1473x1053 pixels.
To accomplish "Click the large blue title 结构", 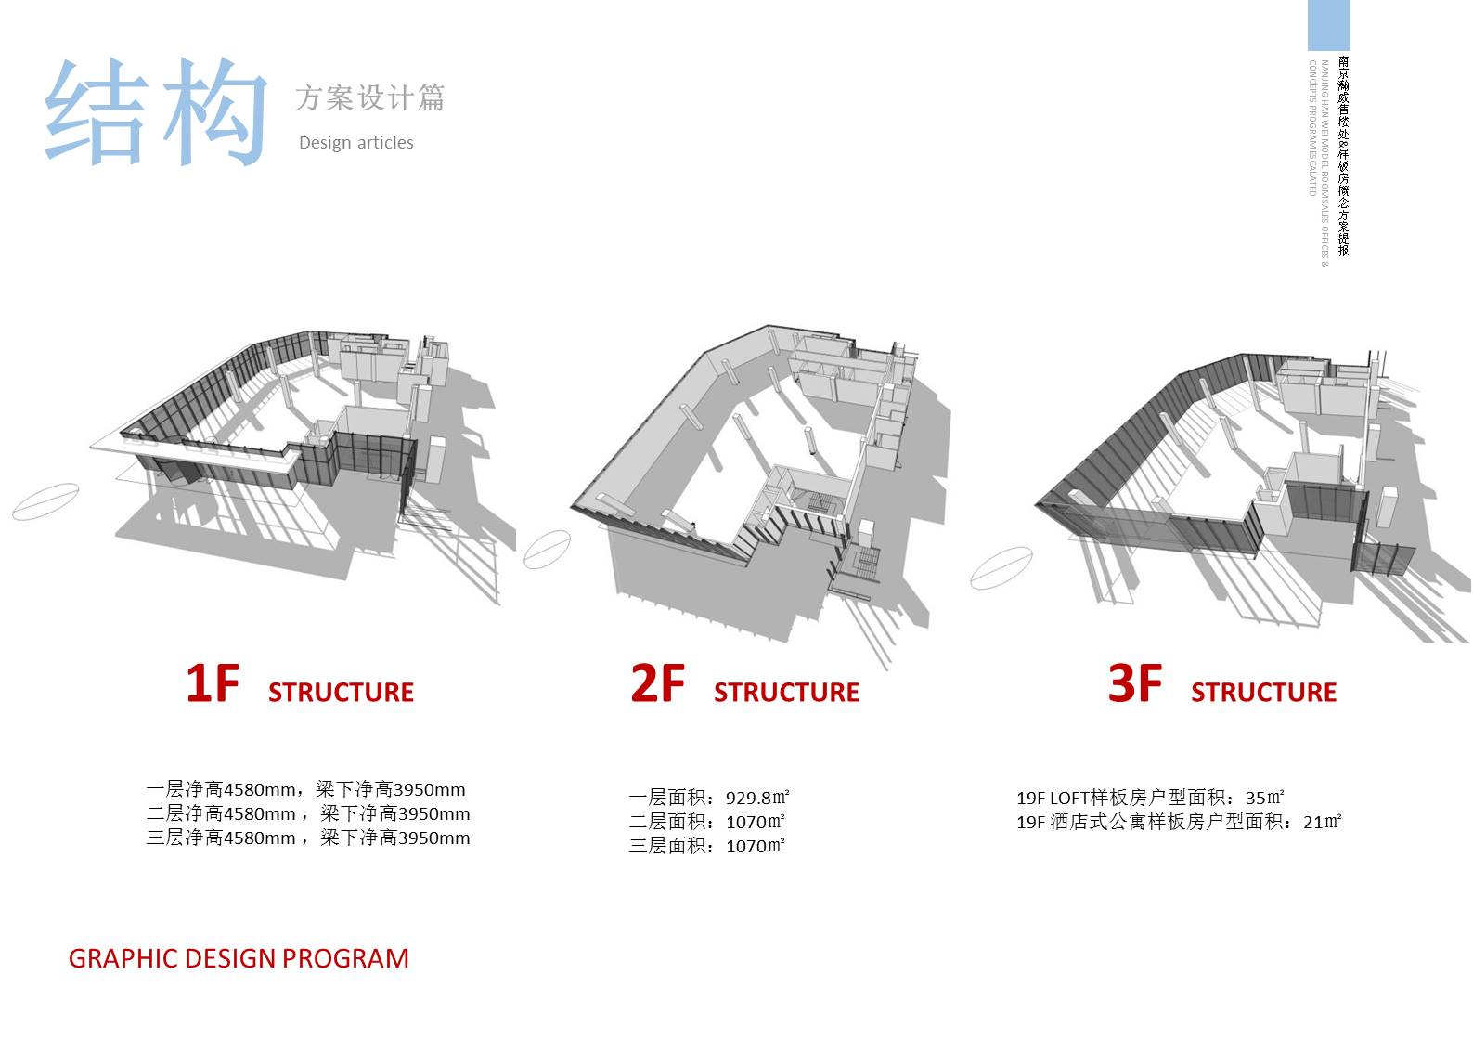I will (x=156, y=111).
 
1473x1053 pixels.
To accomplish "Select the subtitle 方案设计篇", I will (x=369, y=97).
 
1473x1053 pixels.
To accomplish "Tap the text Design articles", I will (x=355, y=143).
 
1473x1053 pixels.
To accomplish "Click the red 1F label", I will (x=213, y=683).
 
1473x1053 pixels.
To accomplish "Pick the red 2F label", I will (x=657, y=683).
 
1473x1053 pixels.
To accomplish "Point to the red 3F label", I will (x=1134, y=683).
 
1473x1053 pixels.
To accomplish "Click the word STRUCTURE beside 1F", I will (x=341, y=693).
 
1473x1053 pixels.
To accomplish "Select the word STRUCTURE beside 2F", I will (x=786, y=693).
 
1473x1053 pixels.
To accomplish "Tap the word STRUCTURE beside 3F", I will (x=1263, y=693).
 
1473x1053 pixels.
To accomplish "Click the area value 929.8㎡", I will (x=757, y=798).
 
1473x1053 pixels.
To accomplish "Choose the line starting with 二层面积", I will (x=706, y=822).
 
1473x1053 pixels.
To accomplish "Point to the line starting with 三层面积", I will (x=706, y=846).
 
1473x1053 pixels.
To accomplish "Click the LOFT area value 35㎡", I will (x=1264, y=798).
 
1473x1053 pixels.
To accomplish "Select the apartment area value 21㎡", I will (x=1322, y=822).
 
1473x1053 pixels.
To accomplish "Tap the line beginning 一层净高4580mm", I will (x=305, y=790).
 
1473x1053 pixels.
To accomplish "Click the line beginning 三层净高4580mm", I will (x=307, y=838).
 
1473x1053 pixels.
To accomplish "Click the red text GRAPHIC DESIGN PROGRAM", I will (x=239, y=958).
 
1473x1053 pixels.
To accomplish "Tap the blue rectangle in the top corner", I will (x=1328, y=25).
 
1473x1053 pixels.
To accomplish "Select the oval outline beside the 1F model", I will (x=45, y=501).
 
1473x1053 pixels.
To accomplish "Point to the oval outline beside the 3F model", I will (x=1001, y=567).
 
